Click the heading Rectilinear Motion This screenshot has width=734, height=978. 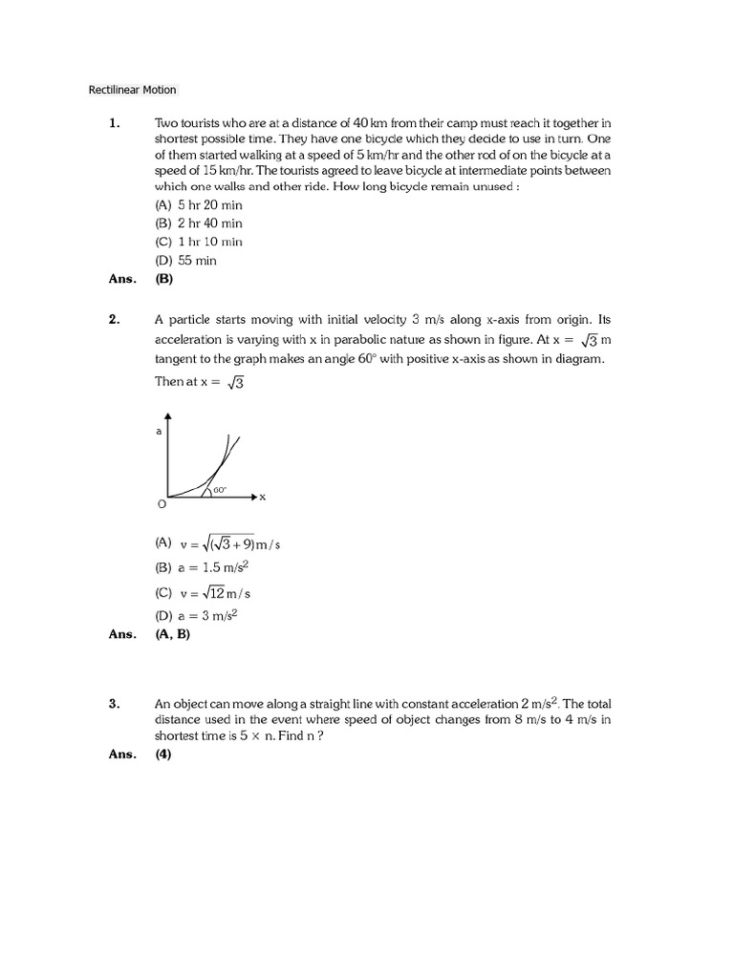pos(132,91)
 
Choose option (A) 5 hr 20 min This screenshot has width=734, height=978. pos(199,205)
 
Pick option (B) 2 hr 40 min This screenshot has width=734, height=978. pos(199,223)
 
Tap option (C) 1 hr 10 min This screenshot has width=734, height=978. pos(199,242)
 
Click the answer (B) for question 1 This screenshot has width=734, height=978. pos(164,280)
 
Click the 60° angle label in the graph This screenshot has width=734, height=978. pos(220,490)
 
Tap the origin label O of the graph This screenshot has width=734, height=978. pos(161,503)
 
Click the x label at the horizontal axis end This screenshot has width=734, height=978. pos(262,498)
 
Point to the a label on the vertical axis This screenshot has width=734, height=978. pos(159,432)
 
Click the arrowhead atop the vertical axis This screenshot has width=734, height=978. pos(169,417)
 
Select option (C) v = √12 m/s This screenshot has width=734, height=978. pos(204,592)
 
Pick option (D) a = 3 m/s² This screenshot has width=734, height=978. pos(196,616)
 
